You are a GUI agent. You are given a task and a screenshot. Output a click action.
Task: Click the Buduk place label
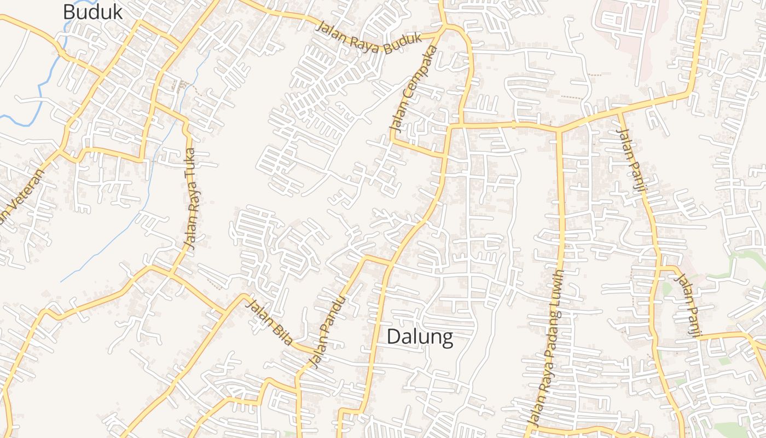coord(92,11)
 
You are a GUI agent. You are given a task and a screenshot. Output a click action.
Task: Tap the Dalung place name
coord(420,337)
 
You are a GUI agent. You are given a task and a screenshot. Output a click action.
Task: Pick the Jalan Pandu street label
coord(328,332)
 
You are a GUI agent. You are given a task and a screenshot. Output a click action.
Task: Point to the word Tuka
coord(190,161)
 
